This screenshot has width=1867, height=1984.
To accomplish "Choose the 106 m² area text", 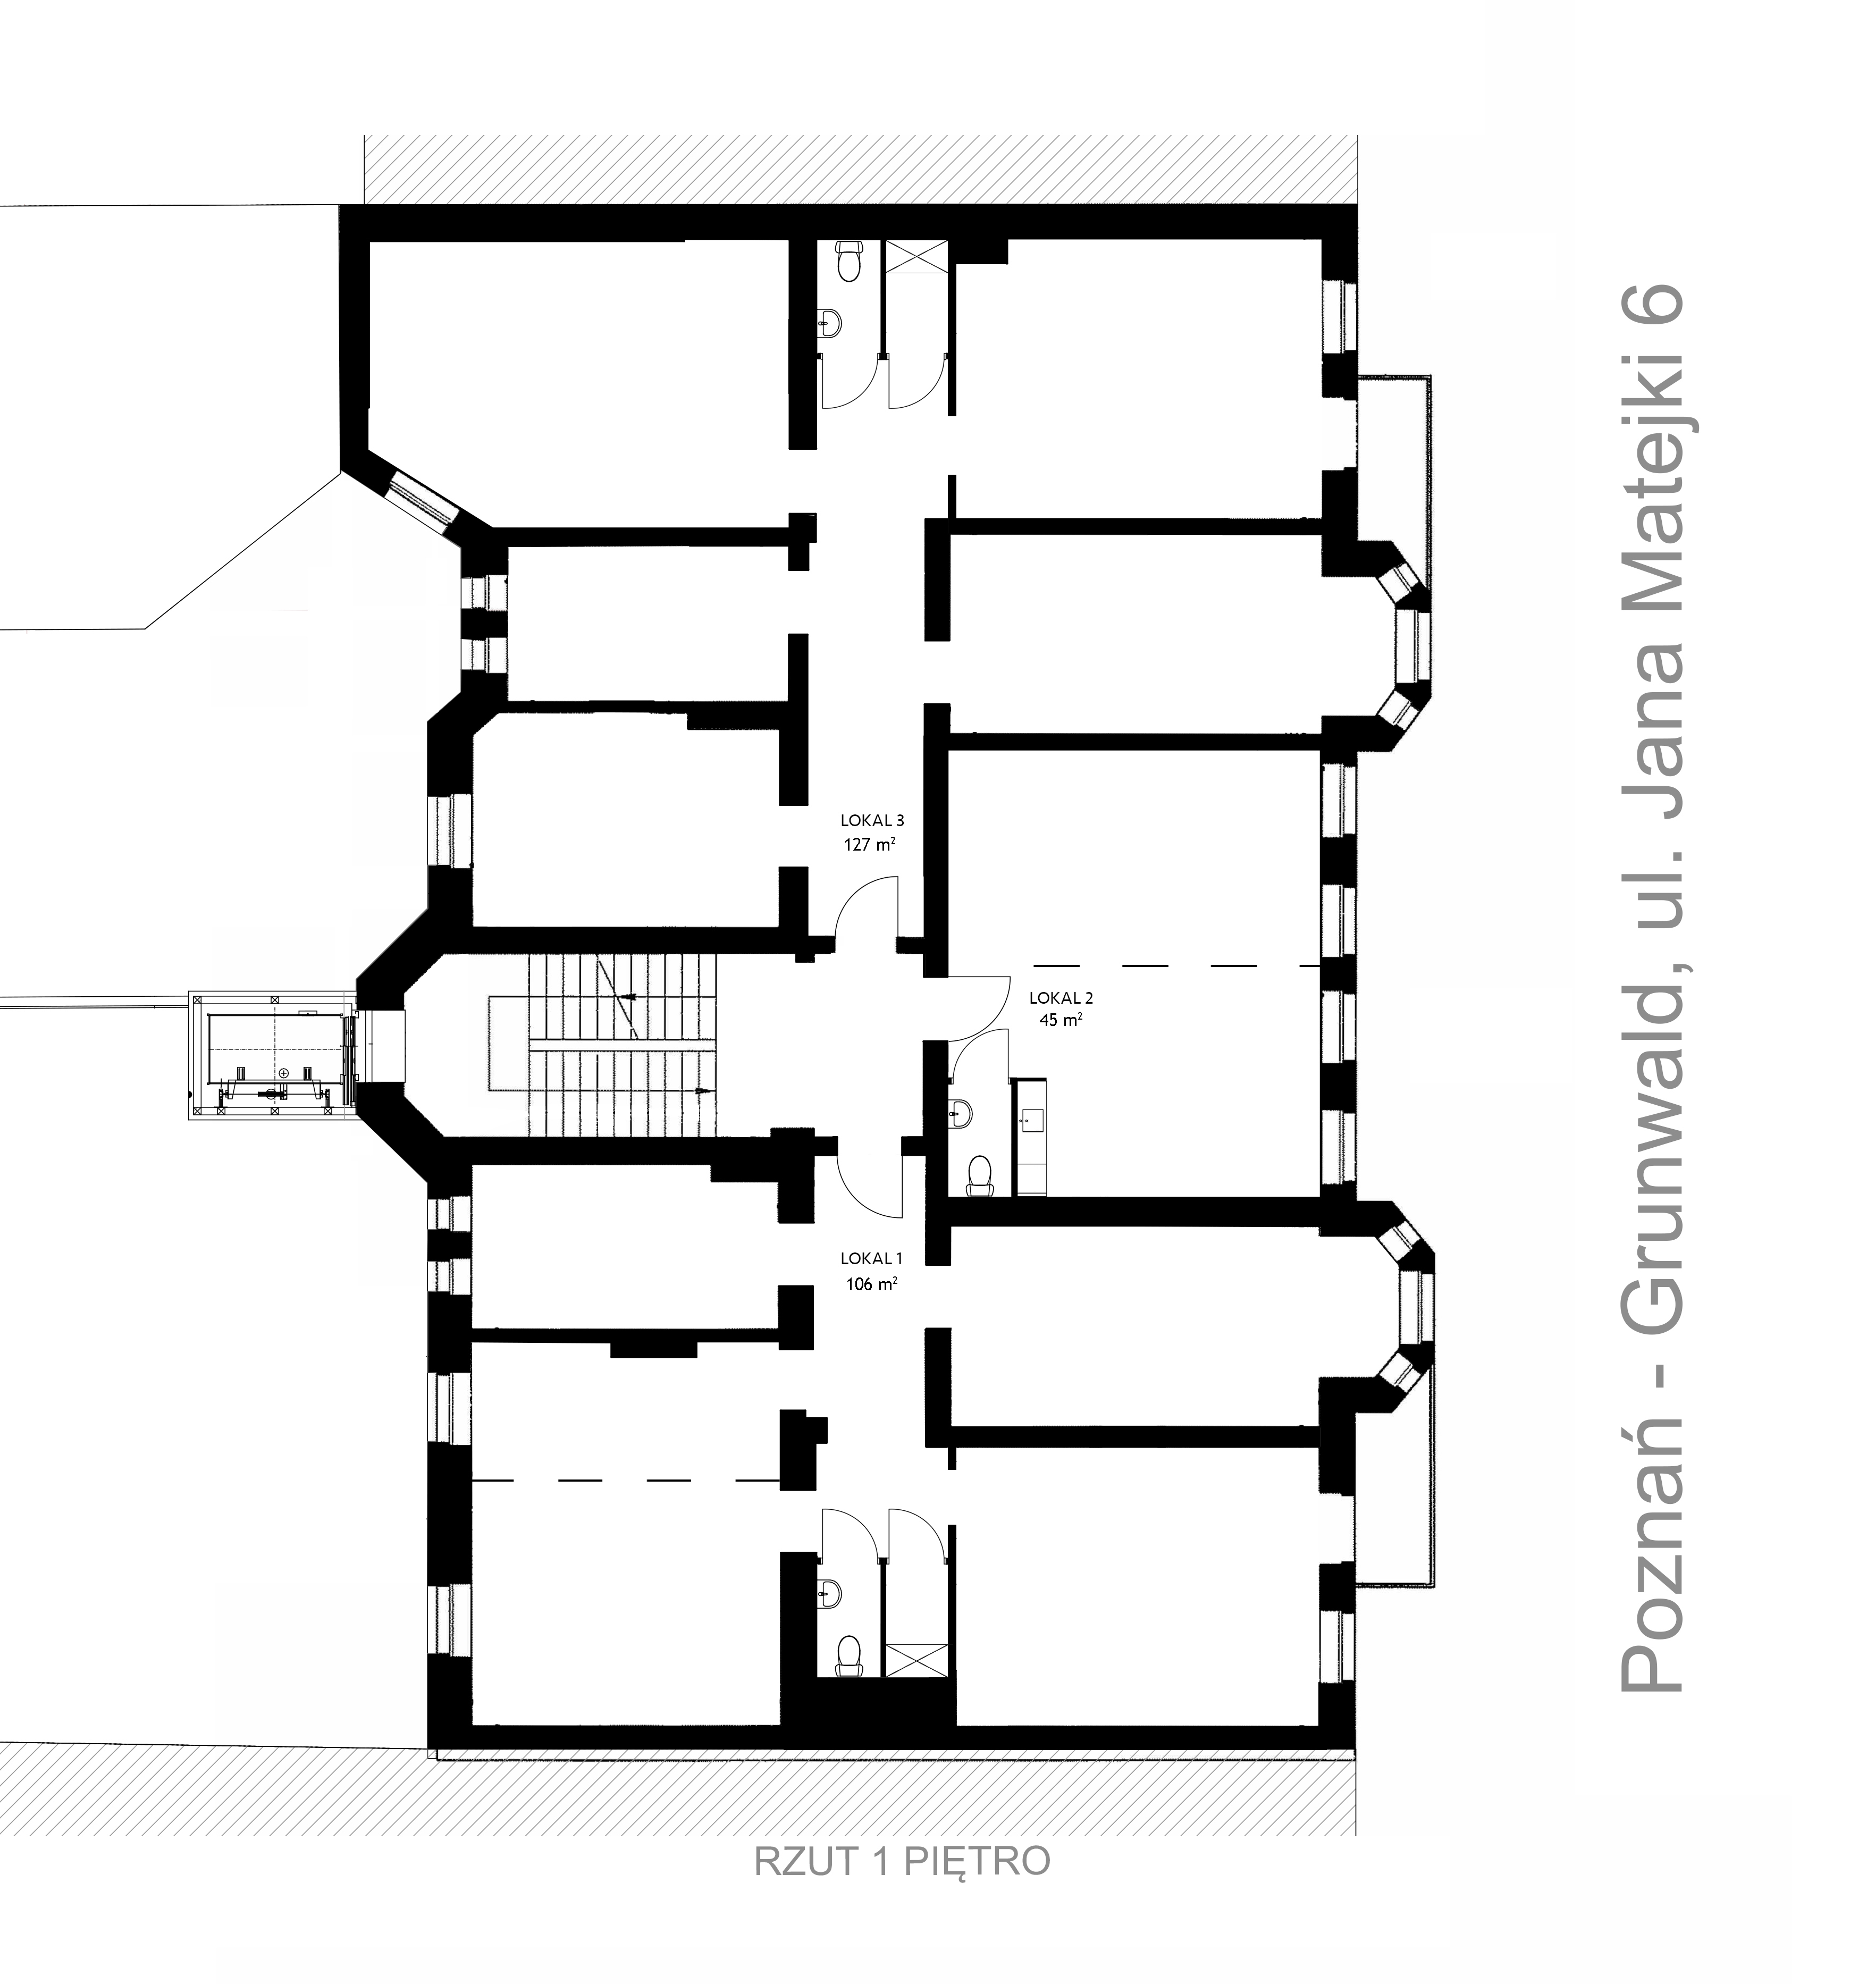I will tap(871, 1284).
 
